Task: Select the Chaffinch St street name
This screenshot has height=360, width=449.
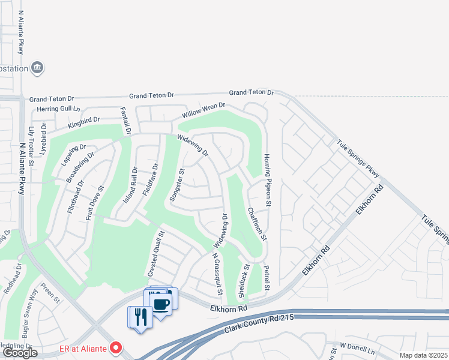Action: (256, 224)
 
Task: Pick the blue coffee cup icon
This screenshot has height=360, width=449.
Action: (160, 302)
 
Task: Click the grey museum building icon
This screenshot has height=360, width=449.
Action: (37, 67)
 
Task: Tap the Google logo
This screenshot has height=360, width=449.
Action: (20, 353)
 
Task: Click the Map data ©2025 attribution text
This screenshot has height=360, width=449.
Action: (423, 355)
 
